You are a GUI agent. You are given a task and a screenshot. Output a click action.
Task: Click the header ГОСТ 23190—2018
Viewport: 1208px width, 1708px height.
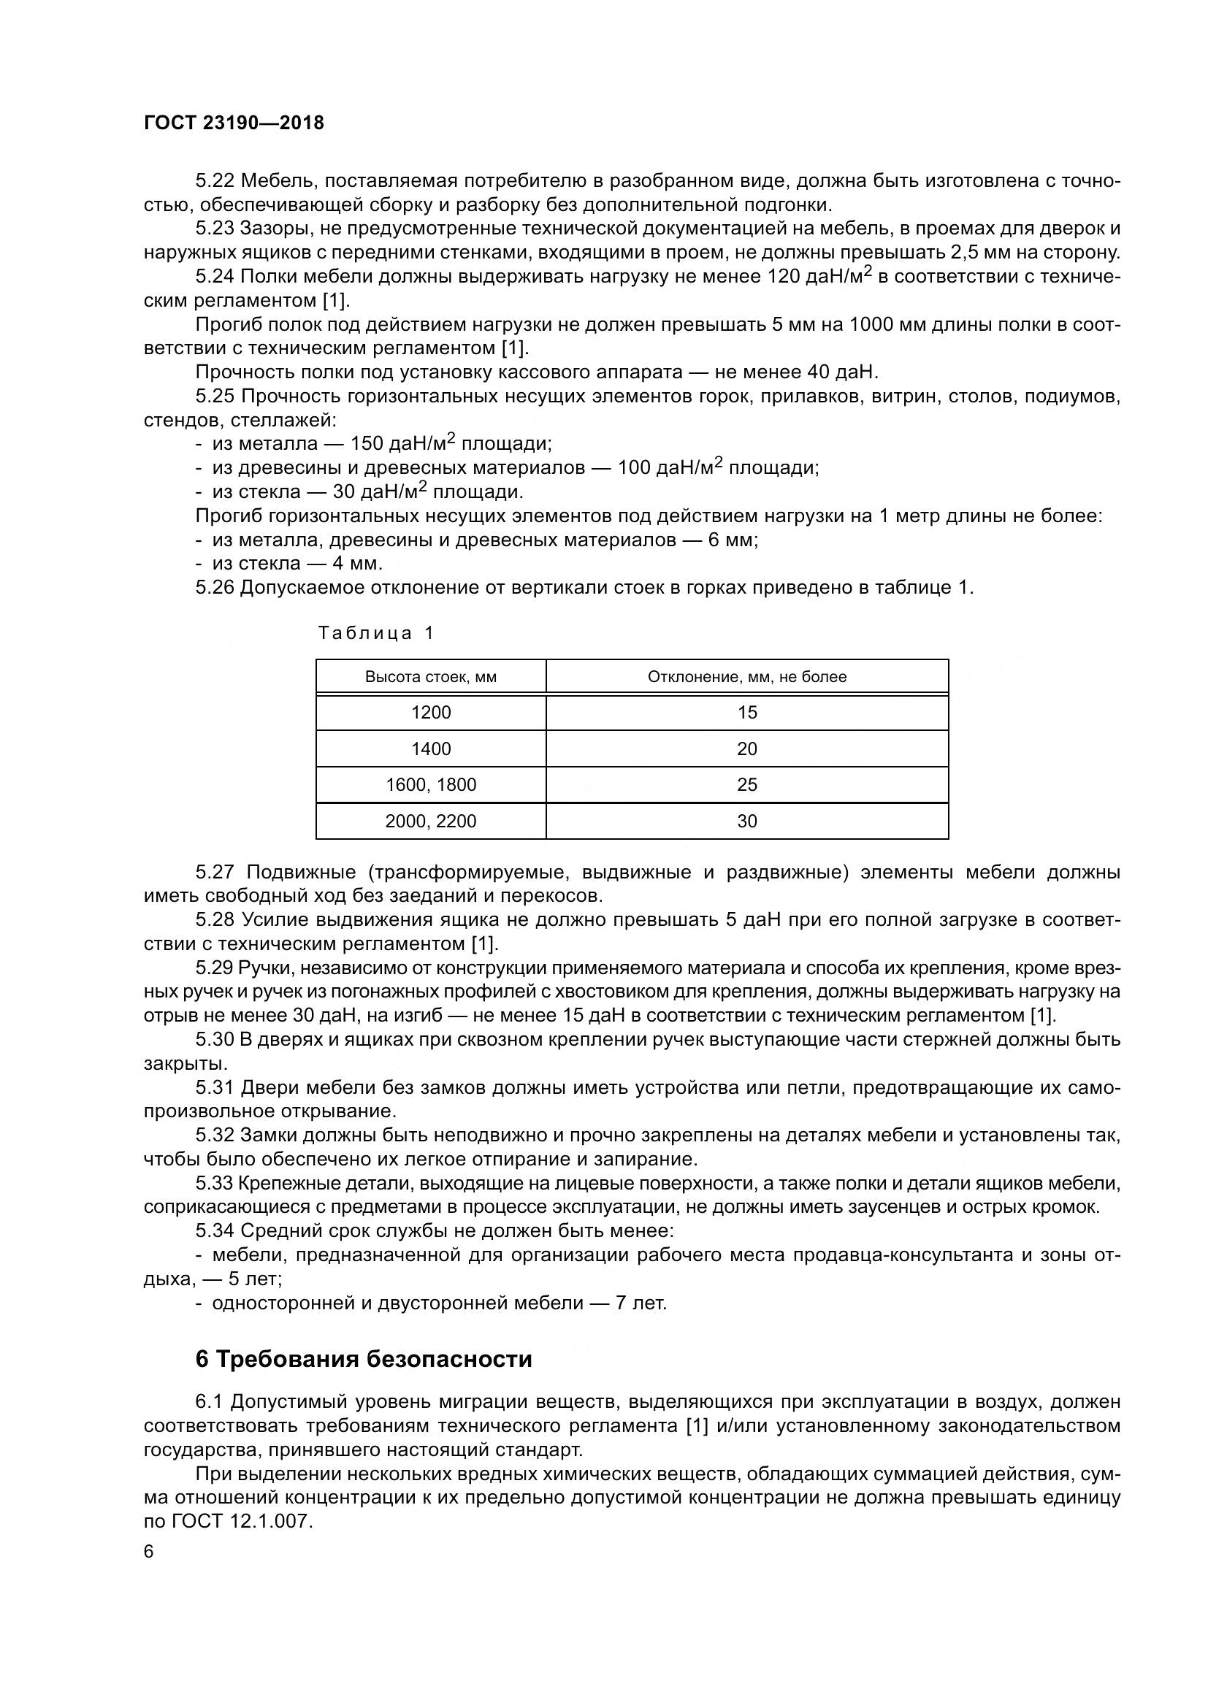coord(234,123)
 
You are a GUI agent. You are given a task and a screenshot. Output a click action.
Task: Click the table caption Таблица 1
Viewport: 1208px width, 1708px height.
coord(375,633)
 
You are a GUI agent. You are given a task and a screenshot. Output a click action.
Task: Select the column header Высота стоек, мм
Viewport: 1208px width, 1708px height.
coord(431,677)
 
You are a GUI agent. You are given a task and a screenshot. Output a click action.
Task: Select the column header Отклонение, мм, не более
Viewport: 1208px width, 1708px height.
coord(747,677)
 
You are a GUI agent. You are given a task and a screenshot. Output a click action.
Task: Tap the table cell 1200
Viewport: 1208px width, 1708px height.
coord(431,713)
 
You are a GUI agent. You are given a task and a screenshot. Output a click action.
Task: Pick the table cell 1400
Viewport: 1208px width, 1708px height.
coord(431,749)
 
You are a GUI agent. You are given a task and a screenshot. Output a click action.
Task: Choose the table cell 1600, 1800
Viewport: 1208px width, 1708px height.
coord(431,785)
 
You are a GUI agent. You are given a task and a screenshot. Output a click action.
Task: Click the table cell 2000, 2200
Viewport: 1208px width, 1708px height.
coord(431,822)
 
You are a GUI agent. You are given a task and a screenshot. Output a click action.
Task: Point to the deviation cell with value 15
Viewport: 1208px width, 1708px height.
coord(747,713)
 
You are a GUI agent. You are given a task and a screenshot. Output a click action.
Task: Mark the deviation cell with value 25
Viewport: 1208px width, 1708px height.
coord(747,785)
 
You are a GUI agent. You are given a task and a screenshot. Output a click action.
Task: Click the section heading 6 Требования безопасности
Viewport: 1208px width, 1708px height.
coord(364,1359)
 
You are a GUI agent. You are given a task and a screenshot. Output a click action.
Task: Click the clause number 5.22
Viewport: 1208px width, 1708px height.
coord(215,181)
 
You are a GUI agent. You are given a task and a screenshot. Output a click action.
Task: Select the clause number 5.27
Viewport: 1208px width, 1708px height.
coord(215,872)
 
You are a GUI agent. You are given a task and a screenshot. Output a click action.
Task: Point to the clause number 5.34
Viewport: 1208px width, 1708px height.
coord(215,1230)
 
